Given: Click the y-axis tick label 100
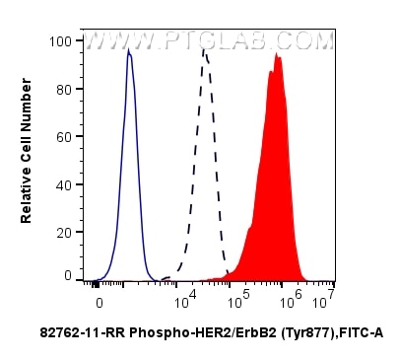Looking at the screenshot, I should coord(61,41).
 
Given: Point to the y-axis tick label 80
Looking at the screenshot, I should coord(64,88).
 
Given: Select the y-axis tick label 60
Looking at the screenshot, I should coord(64,135).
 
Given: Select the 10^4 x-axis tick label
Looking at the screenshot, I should coord(185,294).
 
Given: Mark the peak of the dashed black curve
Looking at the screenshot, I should coord(204,51).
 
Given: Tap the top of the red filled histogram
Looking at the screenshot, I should coord(279,55).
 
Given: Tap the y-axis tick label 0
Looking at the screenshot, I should coord(67,275).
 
